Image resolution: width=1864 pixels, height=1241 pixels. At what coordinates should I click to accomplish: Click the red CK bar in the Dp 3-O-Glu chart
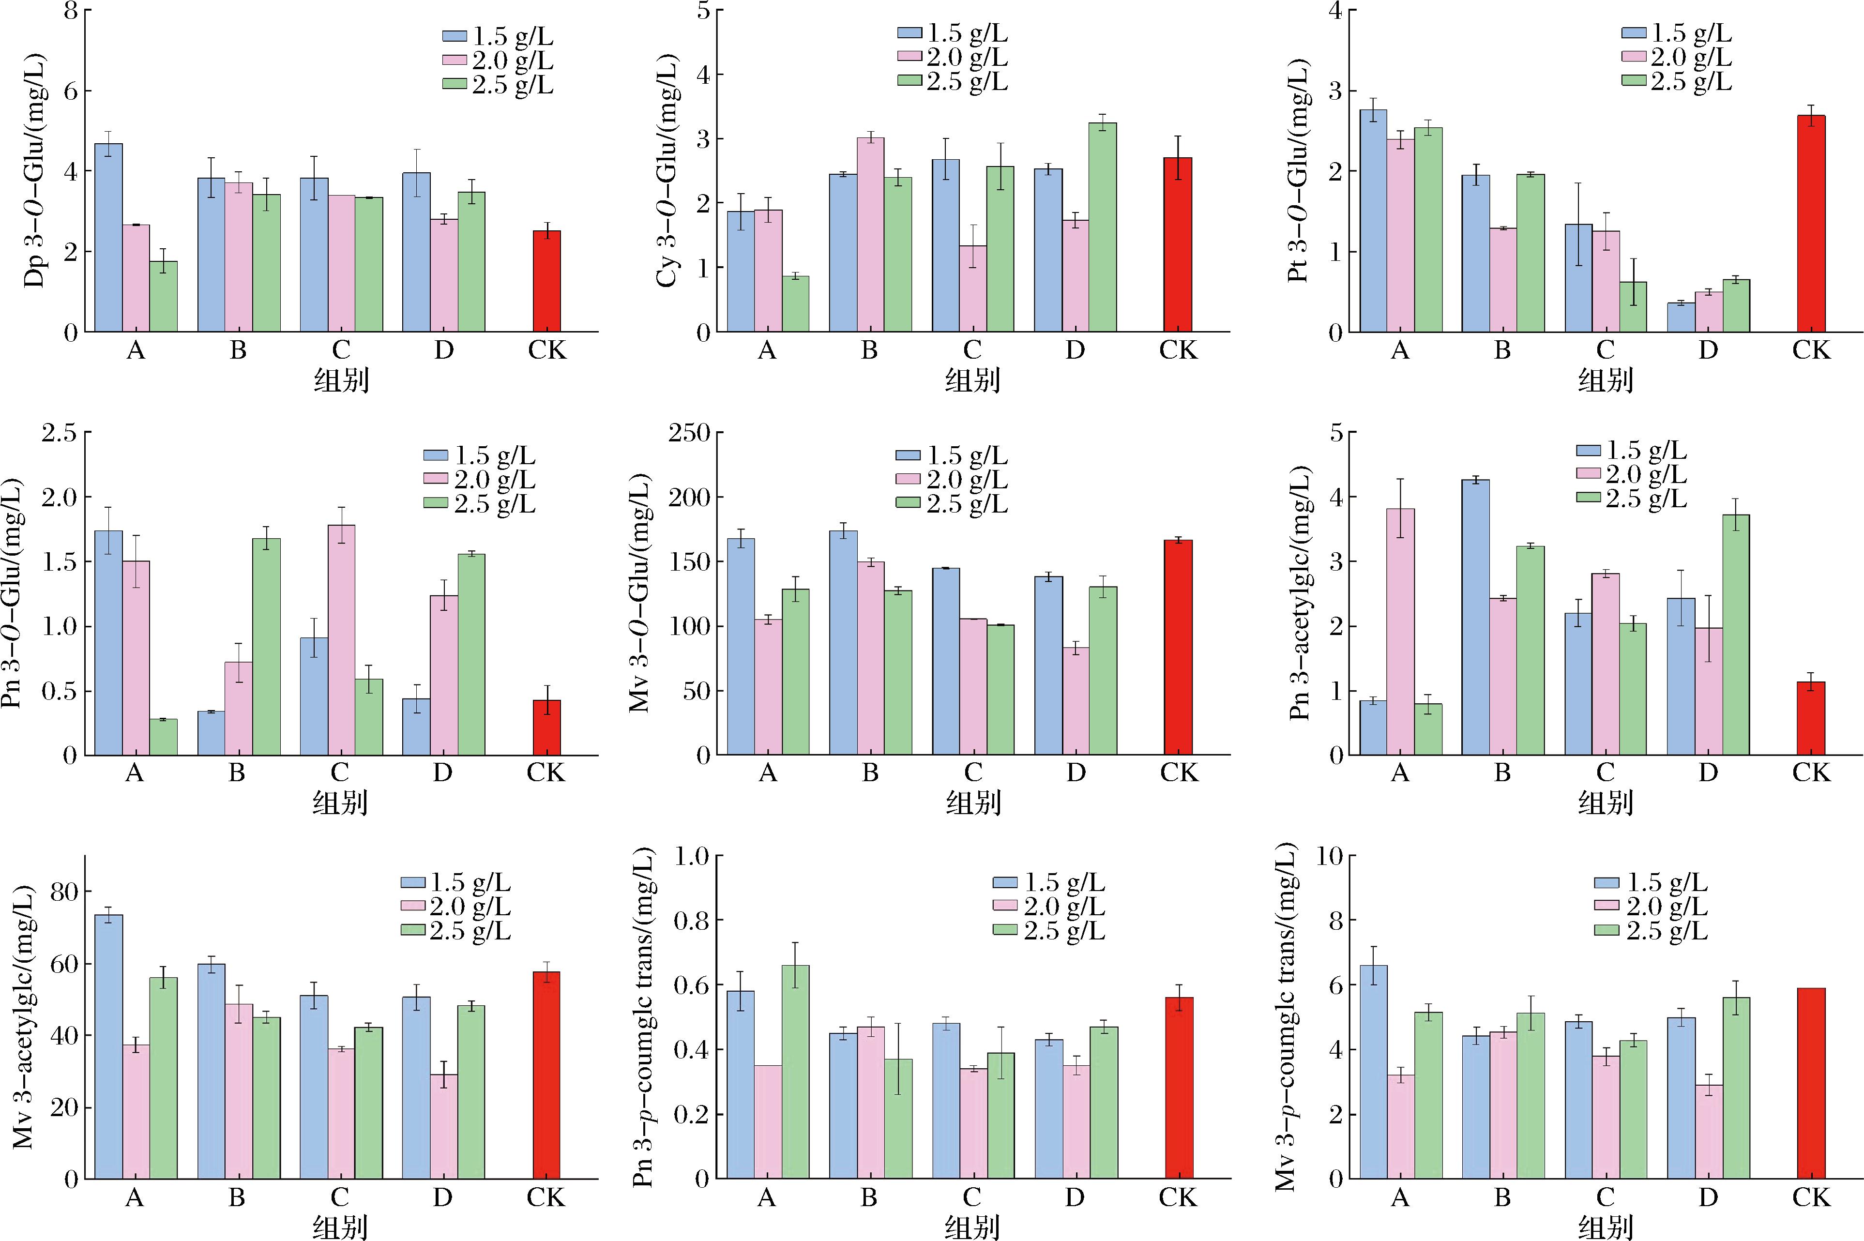tap(546, 281)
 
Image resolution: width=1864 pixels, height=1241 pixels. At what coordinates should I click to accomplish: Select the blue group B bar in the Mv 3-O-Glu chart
tap(843, 643)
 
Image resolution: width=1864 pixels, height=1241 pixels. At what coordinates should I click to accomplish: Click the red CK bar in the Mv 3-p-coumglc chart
tap(1811, 1084)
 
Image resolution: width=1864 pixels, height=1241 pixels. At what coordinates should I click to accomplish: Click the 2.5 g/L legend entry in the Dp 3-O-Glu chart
tap(498, 85)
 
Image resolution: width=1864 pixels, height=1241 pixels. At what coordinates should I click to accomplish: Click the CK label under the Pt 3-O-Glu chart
tap(1811, 350)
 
